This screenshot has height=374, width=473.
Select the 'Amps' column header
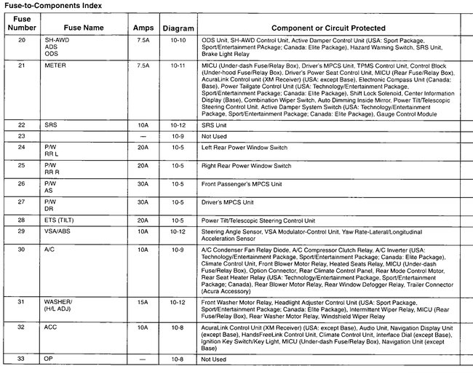(x=143, y=27)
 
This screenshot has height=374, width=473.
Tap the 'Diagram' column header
(x=178, y=27)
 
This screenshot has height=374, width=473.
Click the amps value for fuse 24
(x=143, y=148)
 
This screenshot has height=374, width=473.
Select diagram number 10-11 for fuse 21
(x=178, y=65)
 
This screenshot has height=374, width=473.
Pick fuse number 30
(x=21, y=249)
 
